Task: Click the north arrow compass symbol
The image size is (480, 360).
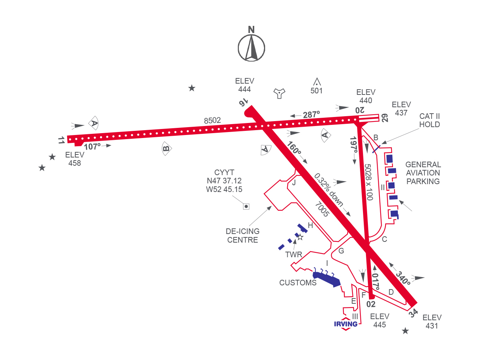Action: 251,48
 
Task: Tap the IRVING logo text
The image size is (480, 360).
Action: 345,324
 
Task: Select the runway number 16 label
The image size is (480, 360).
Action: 243,102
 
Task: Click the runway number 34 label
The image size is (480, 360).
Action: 413,313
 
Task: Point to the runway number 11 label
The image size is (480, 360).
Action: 61,140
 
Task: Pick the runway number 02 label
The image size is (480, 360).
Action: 371,304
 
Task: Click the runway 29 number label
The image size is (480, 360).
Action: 385,118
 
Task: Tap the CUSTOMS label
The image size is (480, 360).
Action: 298,283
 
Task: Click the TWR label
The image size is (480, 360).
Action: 294,255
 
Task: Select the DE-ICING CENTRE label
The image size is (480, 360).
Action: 243,235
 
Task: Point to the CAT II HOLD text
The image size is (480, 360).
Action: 429,120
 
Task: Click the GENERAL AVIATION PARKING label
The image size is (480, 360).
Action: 423,173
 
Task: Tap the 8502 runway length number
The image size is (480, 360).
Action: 212,120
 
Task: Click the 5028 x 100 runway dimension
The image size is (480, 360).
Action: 369,182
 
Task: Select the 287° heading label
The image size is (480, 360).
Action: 311,115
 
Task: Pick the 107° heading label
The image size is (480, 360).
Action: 92,147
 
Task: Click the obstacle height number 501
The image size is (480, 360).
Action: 316,91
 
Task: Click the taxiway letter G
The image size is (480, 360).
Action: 341,251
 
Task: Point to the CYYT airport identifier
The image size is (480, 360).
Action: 224,172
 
